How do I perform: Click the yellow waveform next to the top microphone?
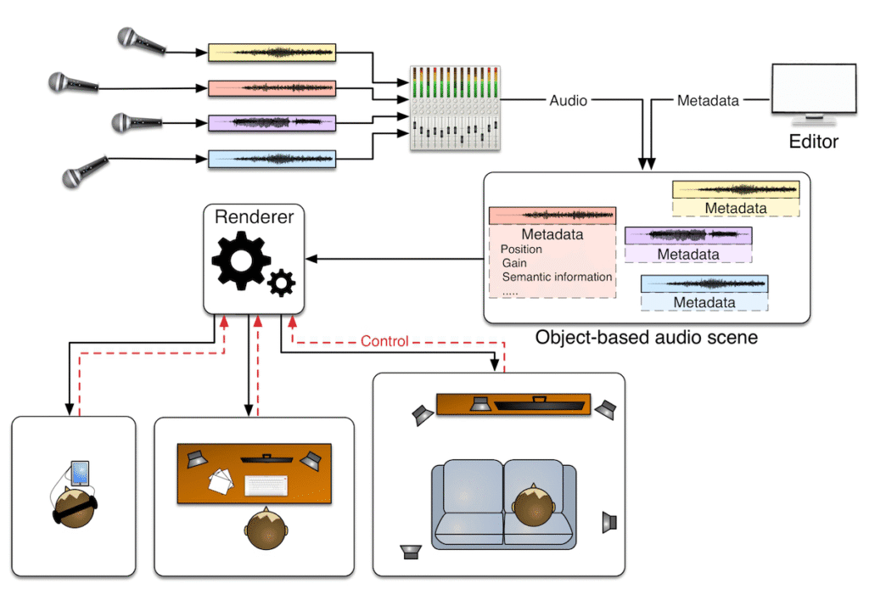coord(272,53)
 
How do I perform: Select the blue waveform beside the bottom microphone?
coord(272,159)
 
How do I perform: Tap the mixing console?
coord(451,108)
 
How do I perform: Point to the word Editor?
coord(813,142)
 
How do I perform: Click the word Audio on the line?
coord(568,100)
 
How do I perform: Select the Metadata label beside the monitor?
coord(707,100)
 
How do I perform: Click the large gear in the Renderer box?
coord(242,261)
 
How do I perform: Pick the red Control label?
coord(384,341)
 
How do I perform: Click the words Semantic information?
coord(557,277)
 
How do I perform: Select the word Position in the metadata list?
coord(521,250)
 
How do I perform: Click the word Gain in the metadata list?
coord(513,263)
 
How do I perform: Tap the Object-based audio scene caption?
coord(646,338)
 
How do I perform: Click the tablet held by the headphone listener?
coord(80,473)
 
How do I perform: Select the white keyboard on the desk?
coord(266,485)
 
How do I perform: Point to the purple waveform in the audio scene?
coord(688,235)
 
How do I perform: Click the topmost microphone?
coord(136,39)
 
